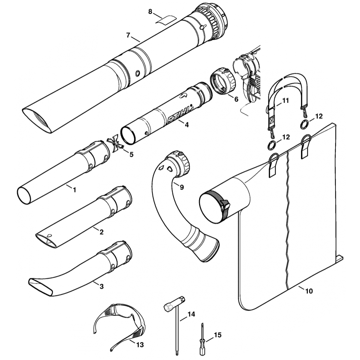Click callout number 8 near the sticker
[x=150, y=12]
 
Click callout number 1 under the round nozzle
[x=75, y=189]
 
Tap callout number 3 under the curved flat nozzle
[x=102, y=287]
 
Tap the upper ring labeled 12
[x=304, y=125]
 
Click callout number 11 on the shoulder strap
[x=285, y=101]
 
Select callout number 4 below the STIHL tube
[x=186, y=125]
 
